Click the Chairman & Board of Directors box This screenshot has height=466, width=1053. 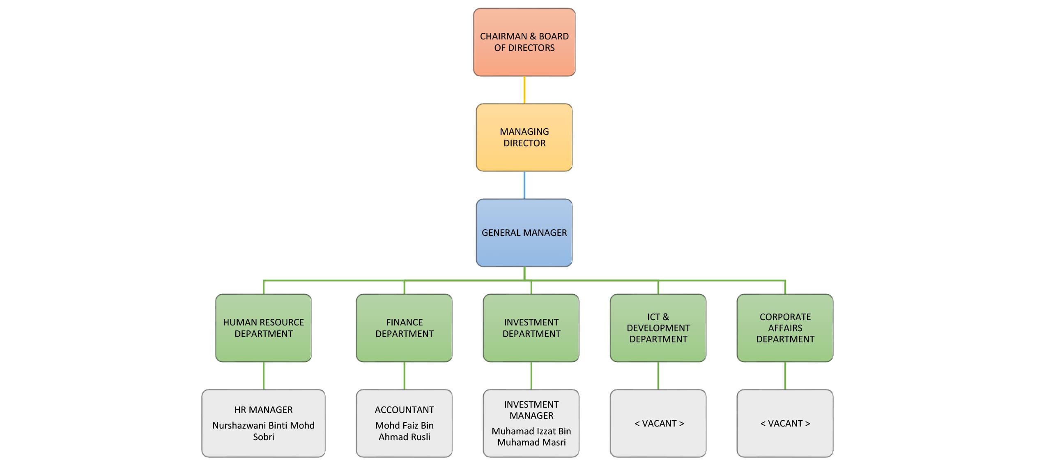pyautogui.click(x=524, y=42)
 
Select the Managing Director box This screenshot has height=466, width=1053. pyautogui.click(x=524, y=137)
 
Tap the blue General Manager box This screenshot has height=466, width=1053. pyautogui.click(x=524, y=233)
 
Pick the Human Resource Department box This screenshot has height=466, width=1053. pyautogui.click(x=263, y=328)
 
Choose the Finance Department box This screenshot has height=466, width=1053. pyautogui.click(x=404, y=328)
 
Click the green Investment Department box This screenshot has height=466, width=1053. pyautogui.click(x=531, y=328)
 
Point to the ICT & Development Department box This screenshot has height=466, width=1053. pyautogui.click(x=658, y=328)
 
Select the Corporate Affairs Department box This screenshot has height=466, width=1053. pyautogui.click(x=785, y=328)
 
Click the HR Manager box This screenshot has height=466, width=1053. pyautogui.click(x=263, y=423)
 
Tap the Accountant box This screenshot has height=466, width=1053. pyautogui.click(x=404, y=423)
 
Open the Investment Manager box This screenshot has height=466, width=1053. pyautogui.click(x=531, y=423)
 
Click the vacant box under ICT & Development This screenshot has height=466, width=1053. pyautogui.click(x=658, y=423)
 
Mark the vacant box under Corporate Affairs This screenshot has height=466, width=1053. pyautogui.click(x=785, y=423)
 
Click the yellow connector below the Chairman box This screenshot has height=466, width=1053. pyautogui.click(x=524, y=90)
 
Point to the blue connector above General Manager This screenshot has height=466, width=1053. pyautogui.click(x=524, y=185)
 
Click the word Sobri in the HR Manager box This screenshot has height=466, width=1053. pyautogui.click(x=263, y=437)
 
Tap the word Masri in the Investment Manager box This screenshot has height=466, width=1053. pyautogui.click(x=554, y=442)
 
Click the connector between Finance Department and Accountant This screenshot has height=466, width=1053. pyautogui.click(x=404, y=376)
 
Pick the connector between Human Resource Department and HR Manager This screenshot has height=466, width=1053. pyautogui.click(x=263, y=376)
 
